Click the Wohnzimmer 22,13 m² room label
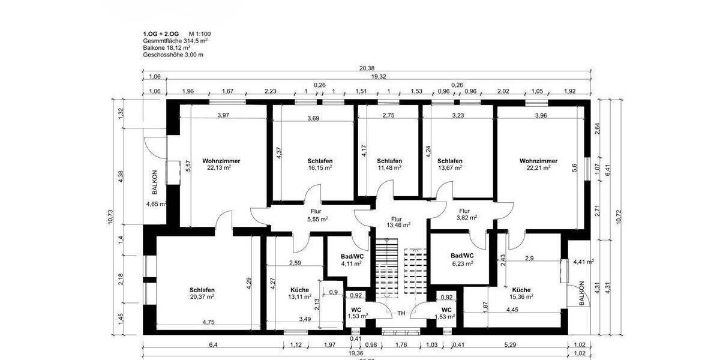coord(217,164)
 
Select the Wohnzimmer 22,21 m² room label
coord(538,164)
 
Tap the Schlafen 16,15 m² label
coord(320,164)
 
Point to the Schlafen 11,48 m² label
coord(389,164)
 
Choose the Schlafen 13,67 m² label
coord(449,164)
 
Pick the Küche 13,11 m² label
coord(299,292)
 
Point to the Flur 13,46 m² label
coord(397,222)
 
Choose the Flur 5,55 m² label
coord(316,215)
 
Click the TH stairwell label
coord(401,313)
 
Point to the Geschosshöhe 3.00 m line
coord(173,55)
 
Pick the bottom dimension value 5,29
coord(510,344)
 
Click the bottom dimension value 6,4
coord(213,344)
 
